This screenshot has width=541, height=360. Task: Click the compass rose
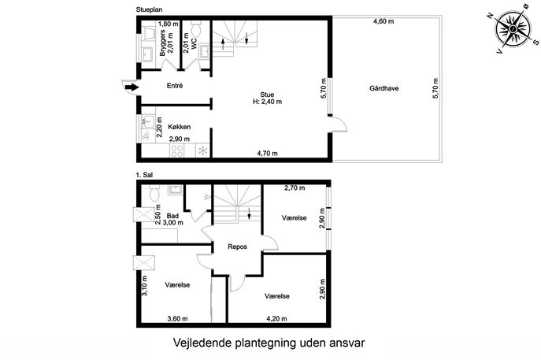click(513, 29)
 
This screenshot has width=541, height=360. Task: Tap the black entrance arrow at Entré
click(132, 87)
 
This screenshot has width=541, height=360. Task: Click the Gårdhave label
click(384, 88)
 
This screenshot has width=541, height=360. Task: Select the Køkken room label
click(179, 127)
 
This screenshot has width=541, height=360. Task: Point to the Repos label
click(237, 247)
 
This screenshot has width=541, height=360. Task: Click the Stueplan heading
click(149, 9)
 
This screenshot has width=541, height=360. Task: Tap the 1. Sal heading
click(144, 175)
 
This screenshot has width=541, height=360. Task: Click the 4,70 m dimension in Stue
click(267, 154)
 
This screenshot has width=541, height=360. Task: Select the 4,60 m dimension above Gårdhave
click(384, 21)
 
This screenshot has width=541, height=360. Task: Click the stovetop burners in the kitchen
click(177, 150)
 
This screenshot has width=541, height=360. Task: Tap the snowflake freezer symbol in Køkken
click(203, 150)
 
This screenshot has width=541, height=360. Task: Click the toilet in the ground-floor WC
click(196, 29)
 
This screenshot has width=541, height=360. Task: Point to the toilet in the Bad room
click(154, 193)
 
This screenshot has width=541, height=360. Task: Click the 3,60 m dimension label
click(177, 318)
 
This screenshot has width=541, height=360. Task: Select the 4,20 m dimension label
click(276, 318)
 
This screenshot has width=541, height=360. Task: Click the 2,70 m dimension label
click(295, 188)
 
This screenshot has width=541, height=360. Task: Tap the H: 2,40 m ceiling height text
click(267, 102)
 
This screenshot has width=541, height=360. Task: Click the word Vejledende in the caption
click(201, 343)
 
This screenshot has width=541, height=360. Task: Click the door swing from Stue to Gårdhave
click(339, 124)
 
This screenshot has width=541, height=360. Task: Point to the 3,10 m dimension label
click(145, 286)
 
